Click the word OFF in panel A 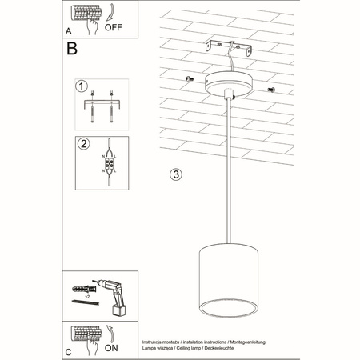114,25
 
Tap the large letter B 72,50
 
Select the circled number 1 81,86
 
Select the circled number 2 81,144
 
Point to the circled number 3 177,174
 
